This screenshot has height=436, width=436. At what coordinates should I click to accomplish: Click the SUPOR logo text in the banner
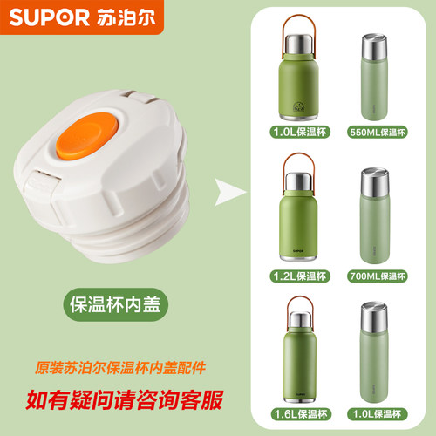(x=40, y=17)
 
